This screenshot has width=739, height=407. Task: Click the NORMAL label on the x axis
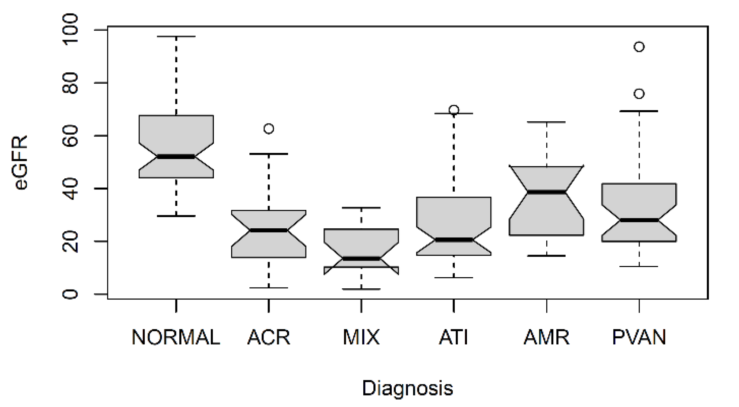coord(176,337)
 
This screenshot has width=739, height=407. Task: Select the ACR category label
coord(268,337)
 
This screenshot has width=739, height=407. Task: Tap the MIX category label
coord(361,337)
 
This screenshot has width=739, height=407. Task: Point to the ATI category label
coord(454,337)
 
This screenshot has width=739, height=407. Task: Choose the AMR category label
coord(546,337)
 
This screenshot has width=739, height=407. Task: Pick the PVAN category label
coord(639,337)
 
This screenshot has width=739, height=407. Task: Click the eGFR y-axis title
coord(21,163)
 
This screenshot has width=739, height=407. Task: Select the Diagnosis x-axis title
coord(407,388)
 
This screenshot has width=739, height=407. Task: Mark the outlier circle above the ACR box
coord(269,129)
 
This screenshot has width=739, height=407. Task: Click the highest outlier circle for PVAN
coord(639,47)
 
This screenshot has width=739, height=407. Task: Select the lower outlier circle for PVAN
coord(639,94)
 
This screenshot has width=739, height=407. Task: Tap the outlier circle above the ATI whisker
coord(454,110)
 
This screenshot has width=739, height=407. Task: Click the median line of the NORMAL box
coord(176,157)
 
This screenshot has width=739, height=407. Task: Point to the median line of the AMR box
coord(546,192)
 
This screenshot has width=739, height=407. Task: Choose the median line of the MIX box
coord(361,259)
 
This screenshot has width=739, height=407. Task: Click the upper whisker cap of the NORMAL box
coord(176,37)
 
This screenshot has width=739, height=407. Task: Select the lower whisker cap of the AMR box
coord(546,256)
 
